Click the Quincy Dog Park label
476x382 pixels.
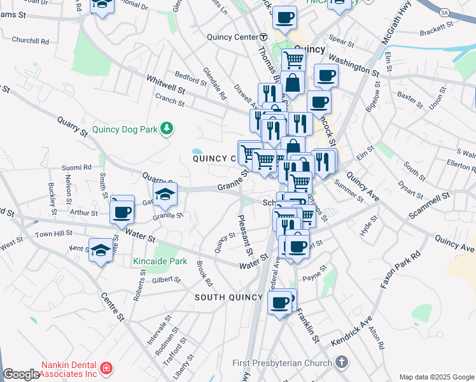tap(125, 129)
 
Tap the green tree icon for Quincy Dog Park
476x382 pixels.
tap(167, 129)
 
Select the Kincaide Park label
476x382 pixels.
tap(160, 261)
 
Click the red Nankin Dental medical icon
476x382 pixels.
tap(106, 368)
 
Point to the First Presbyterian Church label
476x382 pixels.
tap(282, 363)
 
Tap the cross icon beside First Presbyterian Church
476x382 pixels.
tap(342, 363)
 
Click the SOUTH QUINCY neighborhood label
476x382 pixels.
tap(228, 297)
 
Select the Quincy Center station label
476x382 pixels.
tap(232, 37)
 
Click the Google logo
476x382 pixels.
tap(21, 374)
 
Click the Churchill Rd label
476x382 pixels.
tap(30, 41)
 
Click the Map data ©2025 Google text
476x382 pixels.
tap(437, 377)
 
